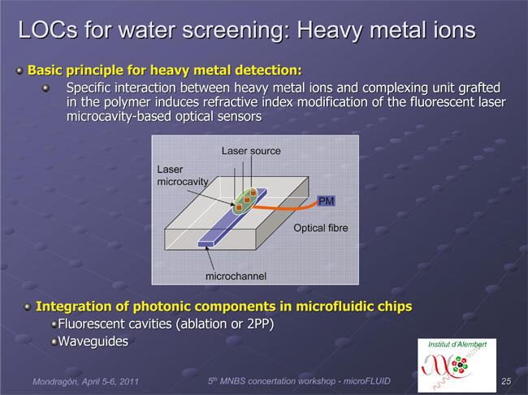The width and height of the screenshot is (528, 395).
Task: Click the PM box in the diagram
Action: pyautogui.click(x=326, y=201)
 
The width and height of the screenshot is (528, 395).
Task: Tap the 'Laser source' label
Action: pyautogui.click(x=251, y=151)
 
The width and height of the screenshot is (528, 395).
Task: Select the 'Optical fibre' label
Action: pyautogui.click(x=321, y=228)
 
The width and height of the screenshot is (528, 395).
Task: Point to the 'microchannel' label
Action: pyautogui.click(x=236, y=277)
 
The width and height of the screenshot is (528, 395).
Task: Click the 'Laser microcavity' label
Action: pyautogui.click(x=183, y=175)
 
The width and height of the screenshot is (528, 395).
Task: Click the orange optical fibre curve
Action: pyautogui.click(x=284, y=208)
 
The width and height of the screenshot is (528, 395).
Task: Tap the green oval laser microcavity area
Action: pyautogui.click(x=245, y=200)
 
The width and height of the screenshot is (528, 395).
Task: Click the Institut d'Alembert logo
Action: pyautogui.click(x=457, y=365)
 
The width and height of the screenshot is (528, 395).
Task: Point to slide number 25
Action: pyautogui.click(x=506, y=381)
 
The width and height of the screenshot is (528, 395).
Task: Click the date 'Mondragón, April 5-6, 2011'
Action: pyautogui.click(x=85, y=381)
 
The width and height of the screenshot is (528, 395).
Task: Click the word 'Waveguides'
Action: pyautogui.click(x=93, y=341)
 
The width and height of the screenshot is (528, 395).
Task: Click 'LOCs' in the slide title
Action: pyautogui.click(x=48, y=29)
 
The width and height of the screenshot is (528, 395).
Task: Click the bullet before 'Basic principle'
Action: pyautogui.click(x=19, y=71)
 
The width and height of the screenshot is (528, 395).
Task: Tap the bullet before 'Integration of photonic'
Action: pyautogui.click(x=28, y=307)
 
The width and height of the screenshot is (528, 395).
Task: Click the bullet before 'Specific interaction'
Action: pyautogui.click(x=45, y=88)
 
